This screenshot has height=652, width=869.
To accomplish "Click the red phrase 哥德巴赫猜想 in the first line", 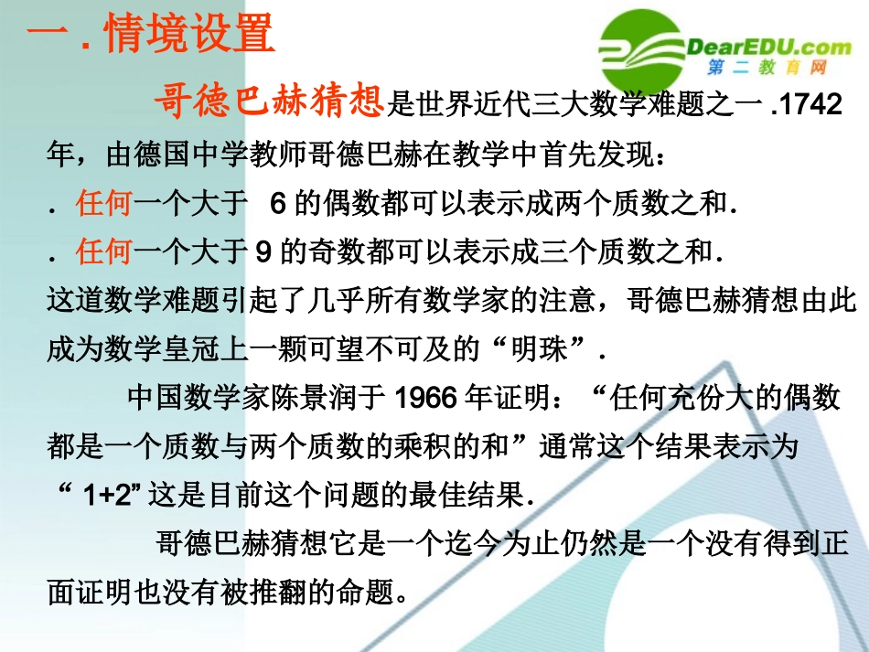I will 269,103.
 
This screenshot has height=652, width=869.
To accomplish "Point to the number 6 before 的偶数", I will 279,204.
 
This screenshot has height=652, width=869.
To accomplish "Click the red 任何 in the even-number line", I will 104,204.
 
